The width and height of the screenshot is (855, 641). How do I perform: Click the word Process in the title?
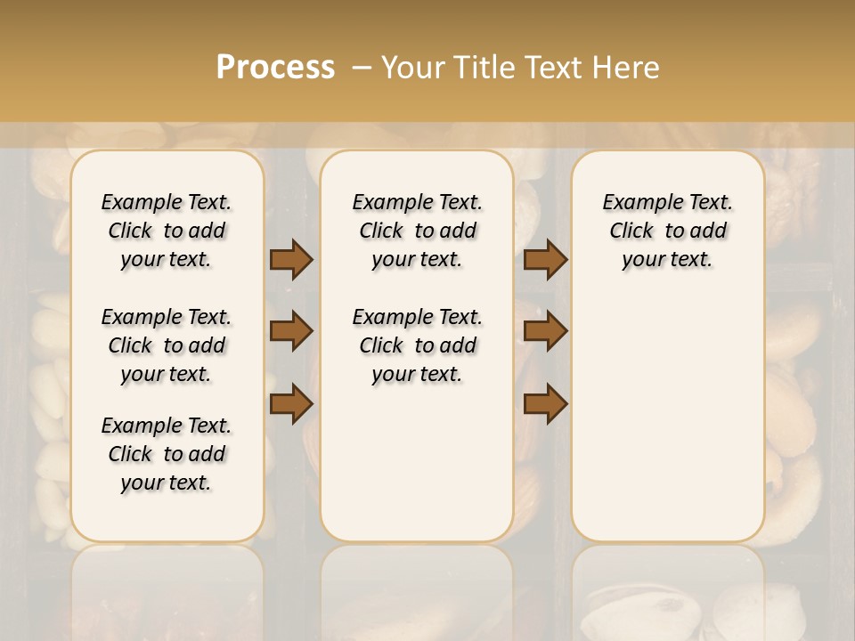click(275, 68)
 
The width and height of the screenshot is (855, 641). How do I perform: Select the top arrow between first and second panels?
click(291, 260)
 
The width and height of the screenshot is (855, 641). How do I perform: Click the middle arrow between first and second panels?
click(291, 331)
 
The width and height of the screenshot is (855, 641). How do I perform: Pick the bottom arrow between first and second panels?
click(291, 403)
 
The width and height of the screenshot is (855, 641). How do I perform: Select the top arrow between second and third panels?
click(545, 260)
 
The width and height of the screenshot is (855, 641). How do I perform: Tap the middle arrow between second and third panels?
click(545, 331)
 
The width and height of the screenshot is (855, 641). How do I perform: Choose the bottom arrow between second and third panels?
click(545, 403)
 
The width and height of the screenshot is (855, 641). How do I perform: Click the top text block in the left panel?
click(167, 231)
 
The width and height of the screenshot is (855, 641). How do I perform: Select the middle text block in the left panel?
click(167, 345)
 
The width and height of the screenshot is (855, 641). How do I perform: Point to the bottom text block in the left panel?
click(167, 454)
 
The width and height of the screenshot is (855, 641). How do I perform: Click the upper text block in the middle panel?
click(417, 231)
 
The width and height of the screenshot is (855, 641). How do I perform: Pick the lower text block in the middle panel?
click(417, 345)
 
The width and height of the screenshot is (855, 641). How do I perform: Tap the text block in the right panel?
click(667, 231)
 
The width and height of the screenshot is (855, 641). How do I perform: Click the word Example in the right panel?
click(634, 202)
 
